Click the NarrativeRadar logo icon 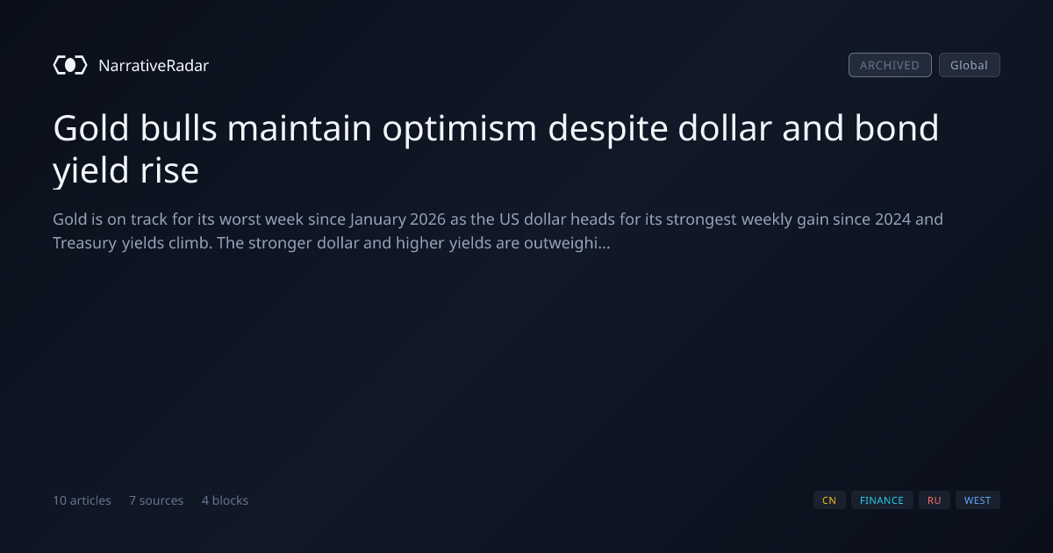(x=70, y=65)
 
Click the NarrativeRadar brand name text (x=154, y=65)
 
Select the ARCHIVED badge (x=890, y=65)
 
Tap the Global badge (x=970, y=65)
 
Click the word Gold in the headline (x=90, y=128)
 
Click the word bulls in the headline (x=178, y=128)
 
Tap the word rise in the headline (x=169, y=170)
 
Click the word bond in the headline (x=896, y=128)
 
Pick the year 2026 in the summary (x=427, y=219)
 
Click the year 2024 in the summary (x=892, y=219)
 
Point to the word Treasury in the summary (x=84, y=244)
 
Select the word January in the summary (x=377, y=220)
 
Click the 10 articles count (x=82, y=500)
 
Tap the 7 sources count (x=156, y=500)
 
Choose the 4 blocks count (x=225, y=500)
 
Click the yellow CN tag (x=829, y=500)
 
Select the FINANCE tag (x=882, y=500)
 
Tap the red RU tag (x=934, y=500)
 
